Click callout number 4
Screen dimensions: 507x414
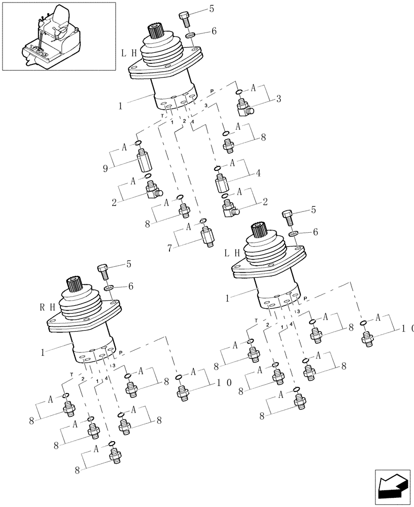pos(258,173)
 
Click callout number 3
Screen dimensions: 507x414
pos(279,99)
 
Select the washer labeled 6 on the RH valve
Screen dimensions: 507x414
pos(109,288)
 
